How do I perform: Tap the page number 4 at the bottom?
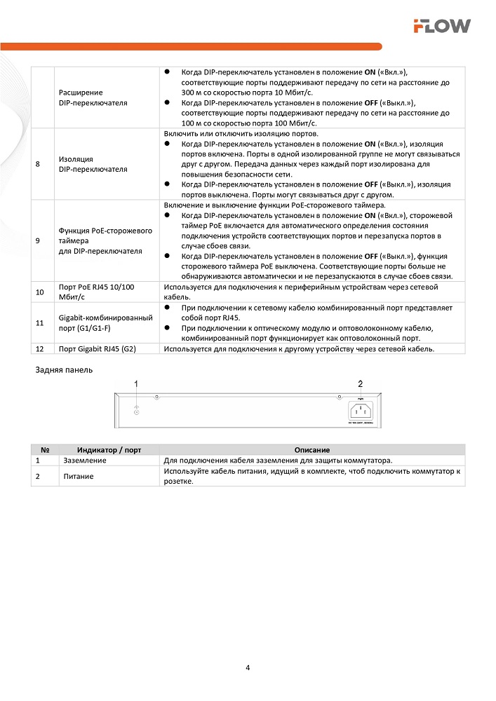[x=248, y=667]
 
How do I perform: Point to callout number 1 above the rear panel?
[x=137, y=383]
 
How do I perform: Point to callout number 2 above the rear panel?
[x=361, y=383]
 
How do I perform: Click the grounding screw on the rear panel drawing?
[x=136, y=412]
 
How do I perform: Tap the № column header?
[x=44, y=449]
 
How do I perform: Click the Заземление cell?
[x=85, y=461]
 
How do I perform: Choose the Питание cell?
[x=78, y=476]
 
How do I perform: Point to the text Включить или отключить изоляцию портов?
[x=241, y=133]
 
